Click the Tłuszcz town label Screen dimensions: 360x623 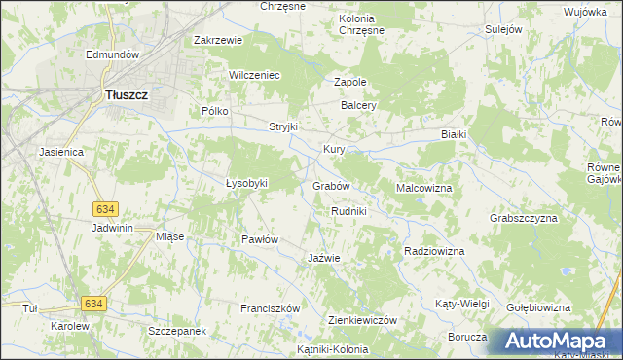[125, 95]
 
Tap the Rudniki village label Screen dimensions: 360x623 [348, 211]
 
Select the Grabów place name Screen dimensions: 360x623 [331, 186]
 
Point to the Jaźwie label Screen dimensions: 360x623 [323, 258]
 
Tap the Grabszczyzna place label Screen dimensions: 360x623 [524, 218]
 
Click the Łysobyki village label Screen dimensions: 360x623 [246, 183]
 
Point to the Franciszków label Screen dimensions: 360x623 [270, 308]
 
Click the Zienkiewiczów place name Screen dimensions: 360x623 [363, 320]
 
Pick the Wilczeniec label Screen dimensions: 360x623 [254, 75]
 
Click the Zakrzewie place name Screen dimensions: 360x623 [217, 41]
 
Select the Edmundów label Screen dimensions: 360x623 [114, 54]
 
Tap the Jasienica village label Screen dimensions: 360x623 [62, 153]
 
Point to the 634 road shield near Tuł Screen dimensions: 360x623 [93, 305]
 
